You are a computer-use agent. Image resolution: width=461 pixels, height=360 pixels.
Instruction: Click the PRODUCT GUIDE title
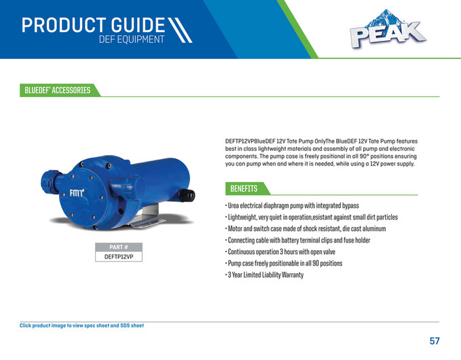click(x=93, y=25)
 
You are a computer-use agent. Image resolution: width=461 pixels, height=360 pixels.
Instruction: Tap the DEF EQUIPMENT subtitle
click(x=132, y=40)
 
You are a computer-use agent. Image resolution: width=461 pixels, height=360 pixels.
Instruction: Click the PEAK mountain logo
click(x=388, y=31)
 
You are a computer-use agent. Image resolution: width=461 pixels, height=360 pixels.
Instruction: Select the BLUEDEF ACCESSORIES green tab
click(x=58, y=90)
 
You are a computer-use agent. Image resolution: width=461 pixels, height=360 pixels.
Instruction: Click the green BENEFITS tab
click(x=244, y=188)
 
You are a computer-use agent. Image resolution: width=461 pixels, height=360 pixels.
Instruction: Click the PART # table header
click(x=123, y=247)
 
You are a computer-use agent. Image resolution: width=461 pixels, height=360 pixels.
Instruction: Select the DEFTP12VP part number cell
click(x=123, y=257)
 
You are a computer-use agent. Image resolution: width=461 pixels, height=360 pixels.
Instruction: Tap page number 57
click(x=435, y=340)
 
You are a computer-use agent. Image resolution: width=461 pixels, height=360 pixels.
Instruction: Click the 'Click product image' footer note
click(x=81, y=325)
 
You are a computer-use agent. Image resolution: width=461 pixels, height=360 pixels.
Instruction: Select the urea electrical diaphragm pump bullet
click(x=292, y=205)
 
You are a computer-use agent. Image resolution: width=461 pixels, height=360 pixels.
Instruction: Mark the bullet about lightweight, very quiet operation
click(x=312, y=217)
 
